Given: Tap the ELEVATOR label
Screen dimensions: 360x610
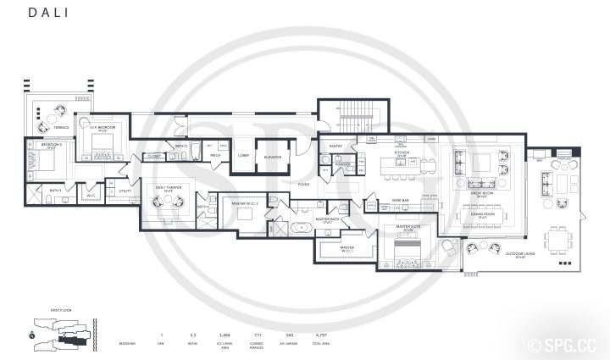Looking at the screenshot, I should click(273, 157).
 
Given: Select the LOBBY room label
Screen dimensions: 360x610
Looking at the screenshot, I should click(244, 156).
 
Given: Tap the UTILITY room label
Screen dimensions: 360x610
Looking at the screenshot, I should click(125, 192).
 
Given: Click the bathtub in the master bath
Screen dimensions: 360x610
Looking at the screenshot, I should click(301, 228).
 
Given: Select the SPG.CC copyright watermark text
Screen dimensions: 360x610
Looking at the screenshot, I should click(569, 346).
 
